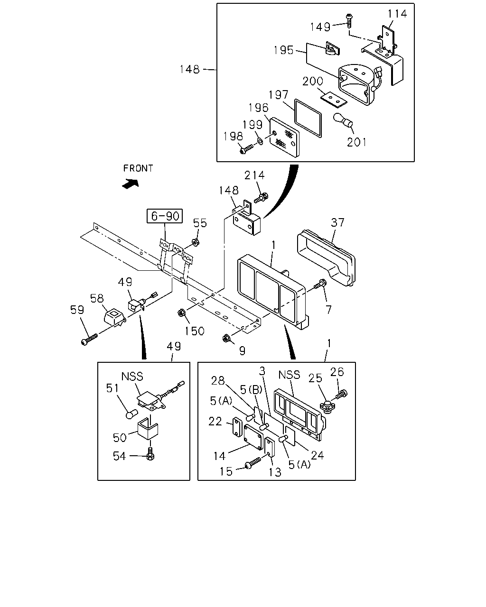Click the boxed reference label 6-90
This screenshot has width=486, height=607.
coord(165,216)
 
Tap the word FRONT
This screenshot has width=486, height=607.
coord(138,168)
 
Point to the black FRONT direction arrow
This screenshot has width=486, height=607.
coord(131,184)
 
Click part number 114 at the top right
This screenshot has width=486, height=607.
coord(397,14)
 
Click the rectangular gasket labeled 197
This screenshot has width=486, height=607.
coord(308,118)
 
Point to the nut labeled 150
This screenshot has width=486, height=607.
coord(181,313)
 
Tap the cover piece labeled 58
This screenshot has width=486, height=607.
coord(113,317)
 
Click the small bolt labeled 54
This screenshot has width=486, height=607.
coord(150,454)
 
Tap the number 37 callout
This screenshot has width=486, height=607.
coord(337,222)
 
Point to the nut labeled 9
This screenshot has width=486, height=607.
coord(226,338)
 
